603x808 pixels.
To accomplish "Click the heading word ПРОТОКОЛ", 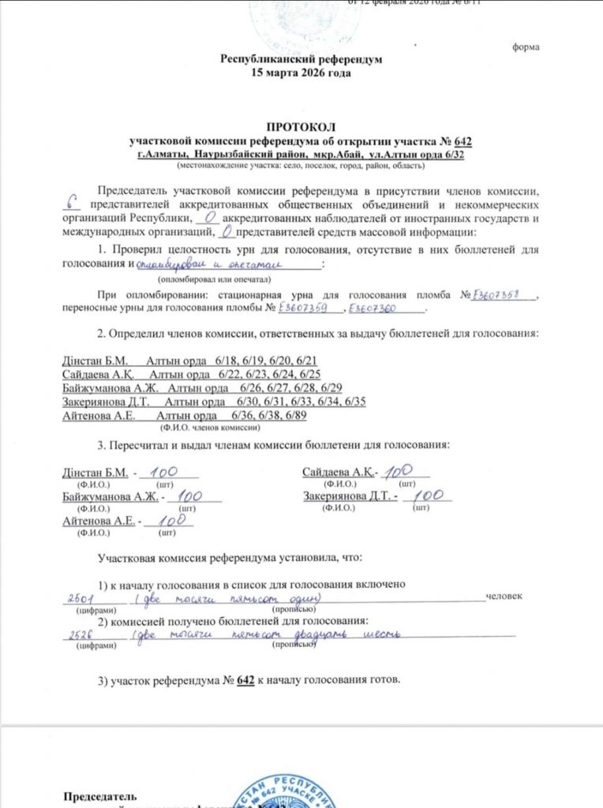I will click(301, 126).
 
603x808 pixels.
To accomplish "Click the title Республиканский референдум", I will click(301, 58).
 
